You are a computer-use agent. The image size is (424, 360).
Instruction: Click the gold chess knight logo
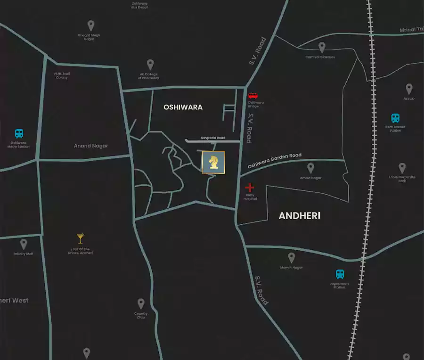pyautogui.click(x=213, y=163)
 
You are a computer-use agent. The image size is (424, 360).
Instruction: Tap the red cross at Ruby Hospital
pyautogui.click(x=250, y=188)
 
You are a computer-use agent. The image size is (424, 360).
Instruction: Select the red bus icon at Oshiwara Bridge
pyautogui.click(x=253, y=96)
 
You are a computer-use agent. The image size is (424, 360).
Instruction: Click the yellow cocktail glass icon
pyautogui.click(x=80, y=239)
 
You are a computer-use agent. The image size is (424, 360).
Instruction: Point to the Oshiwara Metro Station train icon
pyautogui.click(x=19, y=134)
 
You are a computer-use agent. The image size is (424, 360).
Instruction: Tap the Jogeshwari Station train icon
pyautogui.click(x=340, y=274)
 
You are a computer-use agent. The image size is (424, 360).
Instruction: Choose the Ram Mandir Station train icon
pyautogui.click(x=395, y=118)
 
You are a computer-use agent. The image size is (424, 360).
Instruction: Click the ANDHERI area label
pyautogui.click(x=300, y=216)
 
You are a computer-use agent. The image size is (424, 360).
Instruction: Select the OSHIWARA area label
pyautogui.click(x=183, y=107)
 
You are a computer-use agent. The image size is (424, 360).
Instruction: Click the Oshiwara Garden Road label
pyautogui.click(x=274, y=161)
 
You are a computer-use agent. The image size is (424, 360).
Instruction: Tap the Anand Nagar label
pyautogui.click(x=91, y=146)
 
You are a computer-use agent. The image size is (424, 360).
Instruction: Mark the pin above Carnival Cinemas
pyautogui.click(x=322, y=47)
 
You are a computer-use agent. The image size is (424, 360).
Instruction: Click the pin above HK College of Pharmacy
pyautogui.click(x=150, y=64)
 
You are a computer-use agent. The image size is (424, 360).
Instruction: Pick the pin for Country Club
pyautogui.click(x=141, y=303)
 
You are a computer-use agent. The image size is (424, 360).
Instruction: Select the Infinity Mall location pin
pyautogui.click(x=24, y=244)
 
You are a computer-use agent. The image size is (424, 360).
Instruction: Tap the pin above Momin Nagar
pyautogui.click(x=291, y=258)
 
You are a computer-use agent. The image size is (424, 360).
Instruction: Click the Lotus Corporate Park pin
pyautogui.click(x=402, y=168)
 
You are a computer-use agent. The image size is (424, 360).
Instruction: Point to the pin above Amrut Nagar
pyautogui.click(x=310, y=168)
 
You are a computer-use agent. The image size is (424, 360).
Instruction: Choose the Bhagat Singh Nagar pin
pyautogui.click(x=91, y=25)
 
